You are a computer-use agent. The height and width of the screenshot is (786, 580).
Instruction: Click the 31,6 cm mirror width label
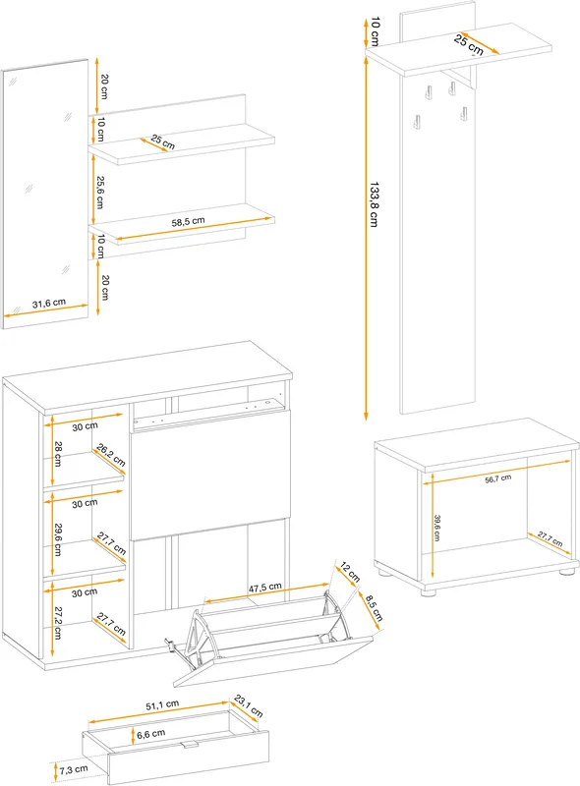pos(49,304)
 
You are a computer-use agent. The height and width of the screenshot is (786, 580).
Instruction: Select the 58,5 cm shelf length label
pos(188,221)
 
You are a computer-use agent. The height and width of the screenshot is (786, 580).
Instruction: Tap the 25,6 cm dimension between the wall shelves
pos(100,192)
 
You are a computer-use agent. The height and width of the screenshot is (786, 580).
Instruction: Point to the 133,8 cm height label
pos(374,204)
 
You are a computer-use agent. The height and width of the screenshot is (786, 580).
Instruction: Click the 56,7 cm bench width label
pos(498,478)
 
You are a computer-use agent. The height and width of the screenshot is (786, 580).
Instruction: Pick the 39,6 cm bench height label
pos(437,528)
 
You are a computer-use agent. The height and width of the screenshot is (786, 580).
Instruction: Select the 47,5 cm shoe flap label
pos(264,587)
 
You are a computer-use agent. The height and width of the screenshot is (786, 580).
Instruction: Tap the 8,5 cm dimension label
pos(374,607)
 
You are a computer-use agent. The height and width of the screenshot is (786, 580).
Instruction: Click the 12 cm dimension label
pos(350,572)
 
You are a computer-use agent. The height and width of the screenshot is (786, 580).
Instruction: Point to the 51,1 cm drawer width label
pos(162,705)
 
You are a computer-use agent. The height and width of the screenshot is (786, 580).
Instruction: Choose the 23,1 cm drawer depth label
pos(249,705)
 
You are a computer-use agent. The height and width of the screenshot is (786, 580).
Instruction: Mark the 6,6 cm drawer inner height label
pos(151,734)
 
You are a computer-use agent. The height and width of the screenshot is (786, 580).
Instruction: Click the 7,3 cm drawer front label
pos(74,769)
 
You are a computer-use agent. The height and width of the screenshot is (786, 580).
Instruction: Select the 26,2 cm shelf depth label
pos(111,455)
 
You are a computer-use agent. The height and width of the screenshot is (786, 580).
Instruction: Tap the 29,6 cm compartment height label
pos(58,539)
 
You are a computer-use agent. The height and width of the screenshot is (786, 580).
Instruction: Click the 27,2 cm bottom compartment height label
pos(58,623)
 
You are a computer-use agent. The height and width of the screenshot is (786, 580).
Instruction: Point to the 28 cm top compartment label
pos(58,454)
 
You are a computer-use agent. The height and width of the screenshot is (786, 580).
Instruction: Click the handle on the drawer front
pos(190,744)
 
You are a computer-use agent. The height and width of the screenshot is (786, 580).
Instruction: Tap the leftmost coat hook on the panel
pos(416,121)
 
